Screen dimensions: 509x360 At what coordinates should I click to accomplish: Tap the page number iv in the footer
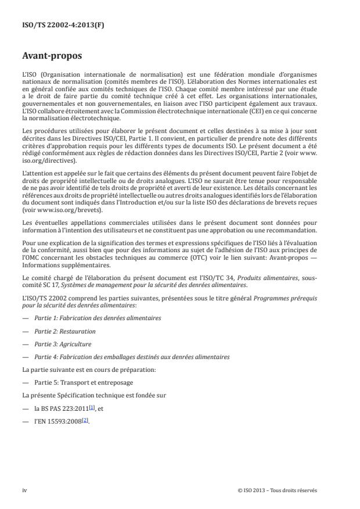[x=24, y=490]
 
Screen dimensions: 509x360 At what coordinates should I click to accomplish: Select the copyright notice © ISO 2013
[x=278, y=490]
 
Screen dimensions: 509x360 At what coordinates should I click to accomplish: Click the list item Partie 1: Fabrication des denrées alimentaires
[x=98, y=318]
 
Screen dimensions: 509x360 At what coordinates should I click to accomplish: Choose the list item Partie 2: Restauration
[x=65, y=331]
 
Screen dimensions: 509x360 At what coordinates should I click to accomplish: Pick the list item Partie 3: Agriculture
[x=64, y=344]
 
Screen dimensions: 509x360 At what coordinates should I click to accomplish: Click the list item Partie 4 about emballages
[x=132, y=357]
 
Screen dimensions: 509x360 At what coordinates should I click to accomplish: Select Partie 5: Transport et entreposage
[x=84, y=382]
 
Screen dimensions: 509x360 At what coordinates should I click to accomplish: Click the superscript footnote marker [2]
[x=85, y=419]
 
